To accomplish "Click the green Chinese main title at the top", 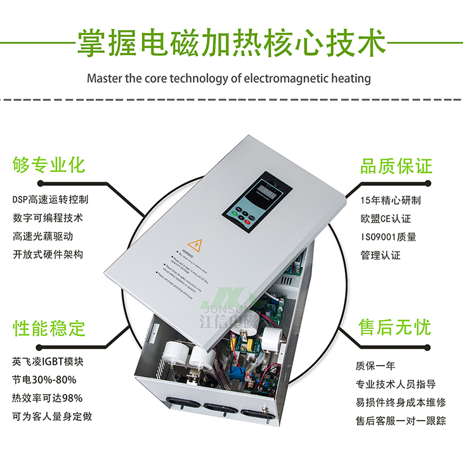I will (231, 43).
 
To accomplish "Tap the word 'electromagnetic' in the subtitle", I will (288, 79).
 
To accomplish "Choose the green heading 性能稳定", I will (49, 328).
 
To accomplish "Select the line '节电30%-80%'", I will (44, 380).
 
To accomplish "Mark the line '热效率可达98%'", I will (47, 399).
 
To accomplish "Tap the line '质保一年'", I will (375, 366).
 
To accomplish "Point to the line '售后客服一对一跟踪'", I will (400, 421).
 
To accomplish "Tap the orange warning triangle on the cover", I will (192, 243).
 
